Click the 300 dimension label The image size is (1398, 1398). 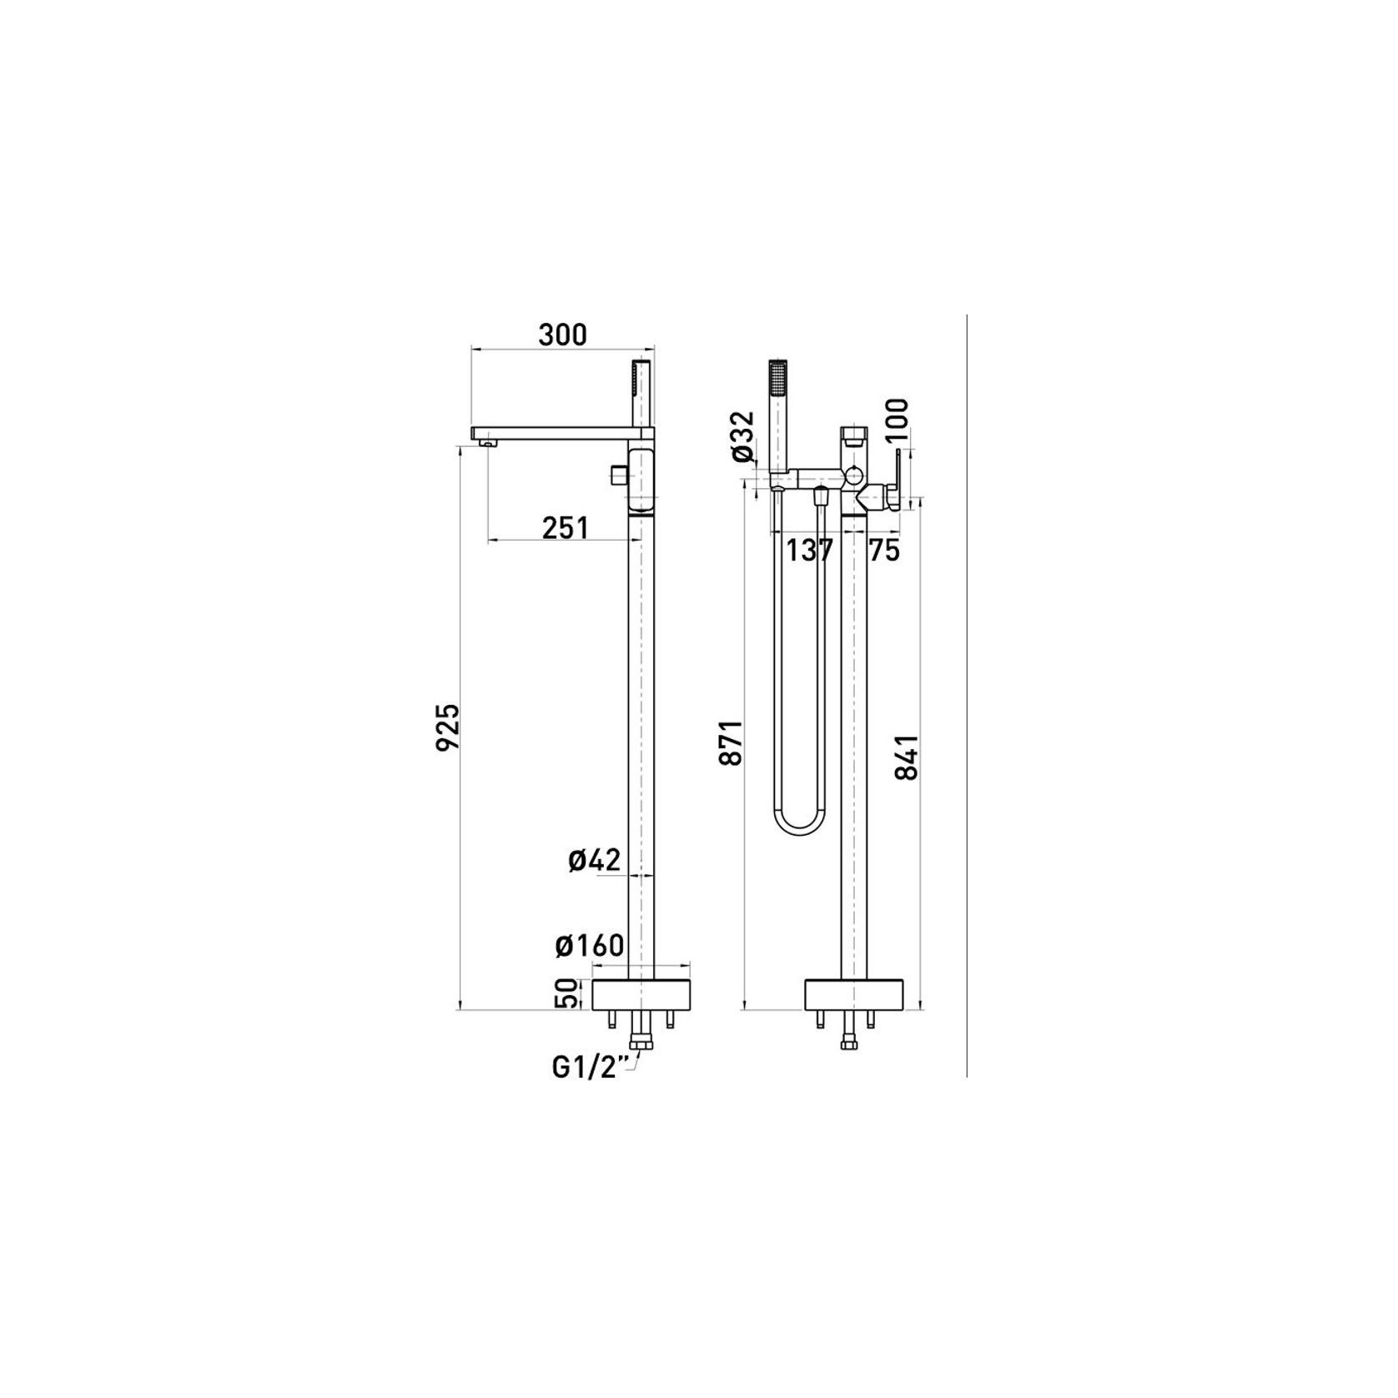tap(562, 334)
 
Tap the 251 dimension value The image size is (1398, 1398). tap(566, 527)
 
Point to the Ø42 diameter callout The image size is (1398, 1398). tap(595, 860)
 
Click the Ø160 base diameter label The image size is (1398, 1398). tap(590, 945)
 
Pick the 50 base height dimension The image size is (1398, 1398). tap(566, 993)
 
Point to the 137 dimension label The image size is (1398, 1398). tap(811, 551)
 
